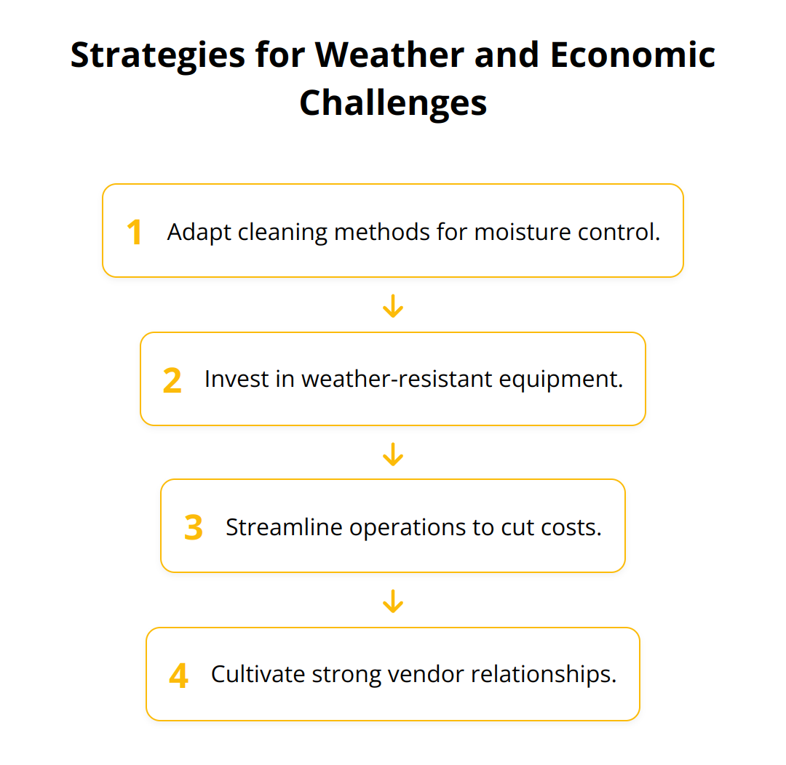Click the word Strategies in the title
coord(157,56)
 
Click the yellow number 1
coord(135,232)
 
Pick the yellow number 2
coord(172,380)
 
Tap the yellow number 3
coord(194,527)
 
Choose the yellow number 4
coord(178,676)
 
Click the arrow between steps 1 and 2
coord(393,305)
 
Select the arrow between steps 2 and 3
coord(393,454)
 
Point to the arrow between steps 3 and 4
coord(393,601)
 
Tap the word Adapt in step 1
coord(199,233)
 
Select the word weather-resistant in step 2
coord(397,380)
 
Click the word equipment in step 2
coord(561,380)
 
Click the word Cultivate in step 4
coord(258,674)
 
